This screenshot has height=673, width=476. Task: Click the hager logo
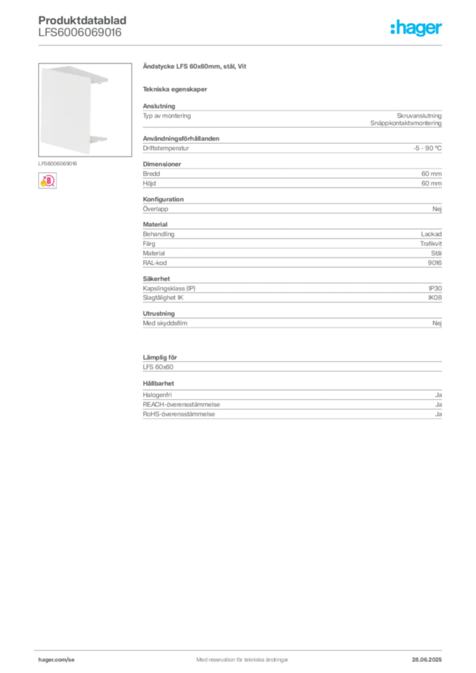(416, 28)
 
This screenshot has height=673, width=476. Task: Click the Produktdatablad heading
(82, 20)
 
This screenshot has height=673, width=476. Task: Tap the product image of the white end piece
(85, 110)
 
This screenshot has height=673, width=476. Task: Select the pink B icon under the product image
(47, 181)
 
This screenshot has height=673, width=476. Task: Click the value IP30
(435, 289)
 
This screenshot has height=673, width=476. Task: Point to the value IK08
(435, 298)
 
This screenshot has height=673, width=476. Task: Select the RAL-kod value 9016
(435, 263)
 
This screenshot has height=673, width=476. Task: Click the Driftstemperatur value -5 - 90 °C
(427, 148)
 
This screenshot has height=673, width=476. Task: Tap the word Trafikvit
(431, 243)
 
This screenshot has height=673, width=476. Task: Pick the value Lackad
(431, 234)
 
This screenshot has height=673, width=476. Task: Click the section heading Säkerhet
(156, 279)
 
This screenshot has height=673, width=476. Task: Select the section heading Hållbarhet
(158, 383)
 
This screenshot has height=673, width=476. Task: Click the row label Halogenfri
(157, 395)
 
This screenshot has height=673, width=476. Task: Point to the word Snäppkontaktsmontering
(406, 123)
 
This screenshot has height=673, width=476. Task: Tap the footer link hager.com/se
(57, 660)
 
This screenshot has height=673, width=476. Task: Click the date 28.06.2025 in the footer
(427, 660)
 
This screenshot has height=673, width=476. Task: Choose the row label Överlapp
(155, 209)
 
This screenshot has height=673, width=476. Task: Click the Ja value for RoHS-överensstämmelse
(439, 414)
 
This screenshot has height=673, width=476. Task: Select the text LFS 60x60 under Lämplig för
(158, 367)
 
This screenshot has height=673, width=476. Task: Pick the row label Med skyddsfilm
(165, 323)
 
